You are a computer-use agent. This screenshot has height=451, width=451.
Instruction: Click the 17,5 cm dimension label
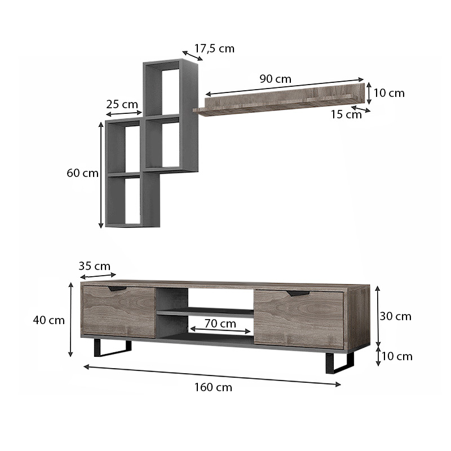(214, 48)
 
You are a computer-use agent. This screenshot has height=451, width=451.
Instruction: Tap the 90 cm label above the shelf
(275, 79)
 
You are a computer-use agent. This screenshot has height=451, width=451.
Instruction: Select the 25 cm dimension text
(122, 104)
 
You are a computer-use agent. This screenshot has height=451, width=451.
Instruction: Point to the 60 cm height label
(82, 173)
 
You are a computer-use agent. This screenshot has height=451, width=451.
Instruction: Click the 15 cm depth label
(346, 114)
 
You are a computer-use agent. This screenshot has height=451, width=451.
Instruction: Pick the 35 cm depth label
(94, 266)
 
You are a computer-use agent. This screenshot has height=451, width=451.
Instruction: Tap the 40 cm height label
(49, 320)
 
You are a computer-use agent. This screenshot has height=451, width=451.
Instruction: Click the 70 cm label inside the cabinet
(220, 324)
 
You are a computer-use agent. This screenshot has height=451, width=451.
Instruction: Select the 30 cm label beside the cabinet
(396, 316)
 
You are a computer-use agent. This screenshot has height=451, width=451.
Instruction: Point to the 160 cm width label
(213, 387)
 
